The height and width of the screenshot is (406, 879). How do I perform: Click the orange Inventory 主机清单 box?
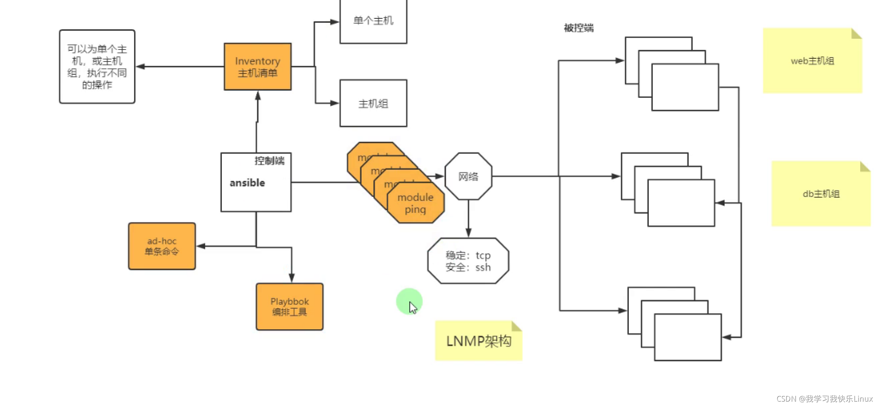tap(257, 67)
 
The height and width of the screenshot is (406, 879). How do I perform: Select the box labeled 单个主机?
tap(373, 21)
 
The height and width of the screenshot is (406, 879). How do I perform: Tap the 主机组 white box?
tap(373, 103)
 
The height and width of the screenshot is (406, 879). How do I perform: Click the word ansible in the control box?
tap(247, 183)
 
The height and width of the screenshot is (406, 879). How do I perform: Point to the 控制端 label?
tap(269, 160)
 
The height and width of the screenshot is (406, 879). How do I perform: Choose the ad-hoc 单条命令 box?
tap(162, 246)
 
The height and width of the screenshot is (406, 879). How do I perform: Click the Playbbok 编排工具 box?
tap(290, 307)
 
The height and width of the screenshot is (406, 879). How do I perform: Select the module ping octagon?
tap(415, 204)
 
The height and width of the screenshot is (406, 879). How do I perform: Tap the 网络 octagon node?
tap(468, 176)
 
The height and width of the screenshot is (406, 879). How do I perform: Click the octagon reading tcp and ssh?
tap(468, 261)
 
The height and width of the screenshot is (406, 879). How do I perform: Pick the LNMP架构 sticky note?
tap(478, 341)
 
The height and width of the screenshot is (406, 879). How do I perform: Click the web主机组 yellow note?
tap(812, 61)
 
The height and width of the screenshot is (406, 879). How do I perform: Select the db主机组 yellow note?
tap(821, 194)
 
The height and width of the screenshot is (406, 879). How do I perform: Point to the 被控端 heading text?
tap(579, 28)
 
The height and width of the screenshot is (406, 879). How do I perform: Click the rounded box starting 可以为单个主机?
tap(97, 67)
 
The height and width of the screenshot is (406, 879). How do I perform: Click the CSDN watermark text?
tap(824, 398)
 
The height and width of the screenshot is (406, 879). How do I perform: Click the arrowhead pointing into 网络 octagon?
tap(440, 176)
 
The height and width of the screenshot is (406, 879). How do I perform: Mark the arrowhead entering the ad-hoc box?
tap(201, 246)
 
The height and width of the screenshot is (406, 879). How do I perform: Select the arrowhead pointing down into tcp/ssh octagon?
tap(468, 233)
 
